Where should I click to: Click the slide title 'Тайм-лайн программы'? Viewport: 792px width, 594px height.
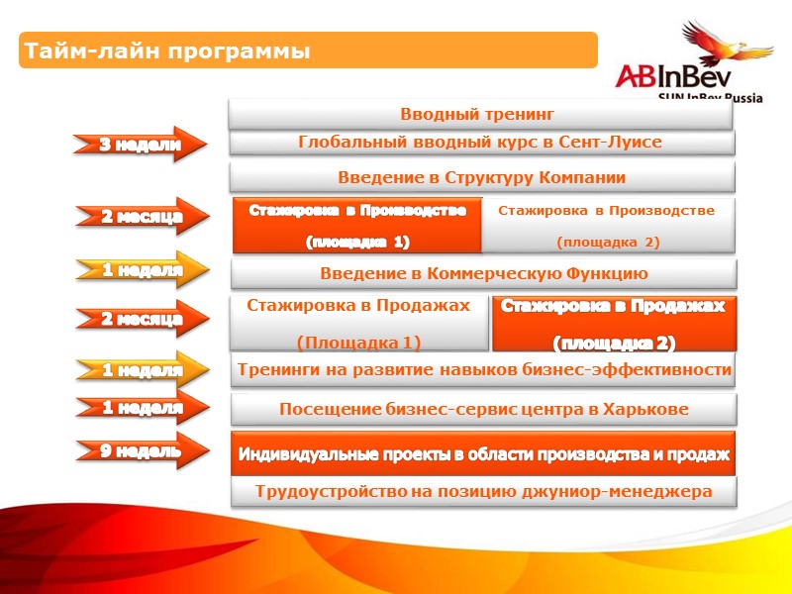[166, 50]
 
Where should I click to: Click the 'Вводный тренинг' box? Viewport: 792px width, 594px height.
[482, 114]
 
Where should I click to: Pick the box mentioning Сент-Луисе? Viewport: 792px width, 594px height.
[482, 143]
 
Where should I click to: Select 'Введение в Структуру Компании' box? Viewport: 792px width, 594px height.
[482, 177]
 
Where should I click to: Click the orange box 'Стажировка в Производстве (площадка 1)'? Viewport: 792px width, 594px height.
[356, 226]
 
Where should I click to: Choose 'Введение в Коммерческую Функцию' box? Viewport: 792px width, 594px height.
[483, 273]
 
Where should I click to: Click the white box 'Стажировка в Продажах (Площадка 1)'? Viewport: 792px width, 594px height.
[358, 324]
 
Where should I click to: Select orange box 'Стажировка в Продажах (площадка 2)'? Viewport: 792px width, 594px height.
[613, 324]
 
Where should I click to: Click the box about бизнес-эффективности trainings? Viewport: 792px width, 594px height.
[483, 370]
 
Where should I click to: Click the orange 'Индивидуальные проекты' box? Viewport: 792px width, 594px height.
[483, 454]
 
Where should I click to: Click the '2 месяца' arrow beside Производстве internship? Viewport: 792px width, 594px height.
[142, 217]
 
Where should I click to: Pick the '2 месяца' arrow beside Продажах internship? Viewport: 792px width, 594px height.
[142, 319]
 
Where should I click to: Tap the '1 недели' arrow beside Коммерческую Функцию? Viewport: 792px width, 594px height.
[142, 268]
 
